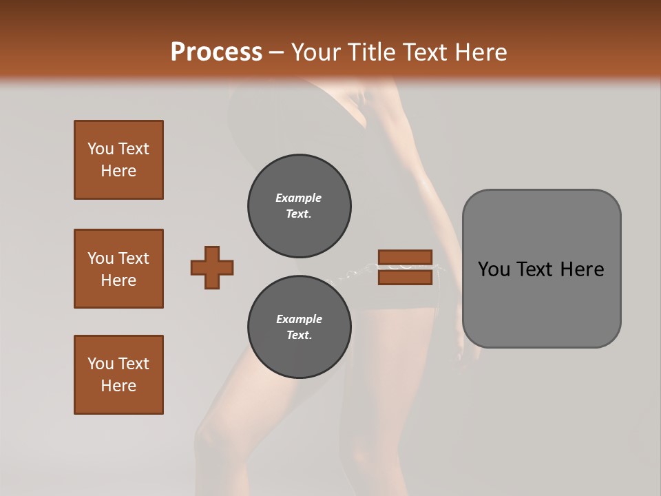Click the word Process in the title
[x=216, y=52]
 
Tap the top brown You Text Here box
[x=118, y=160]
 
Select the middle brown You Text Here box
[x=118, y=269]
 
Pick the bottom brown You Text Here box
[x=118, y=375]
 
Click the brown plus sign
[x=212, y=267]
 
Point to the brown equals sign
[x=405, y=267]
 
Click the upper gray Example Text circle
[x=299, y=206]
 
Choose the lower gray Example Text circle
[x=299, y=327]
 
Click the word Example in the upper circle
[x=299, y=198]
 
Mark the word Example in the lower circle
[x=299, y=319]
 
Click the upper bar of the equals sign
[x=405, y=258]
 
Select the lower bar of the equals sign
[x=405, y=277]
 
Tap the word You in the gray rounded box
[x=494, y=269]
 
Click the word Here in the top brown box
[x=118, y=171]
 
